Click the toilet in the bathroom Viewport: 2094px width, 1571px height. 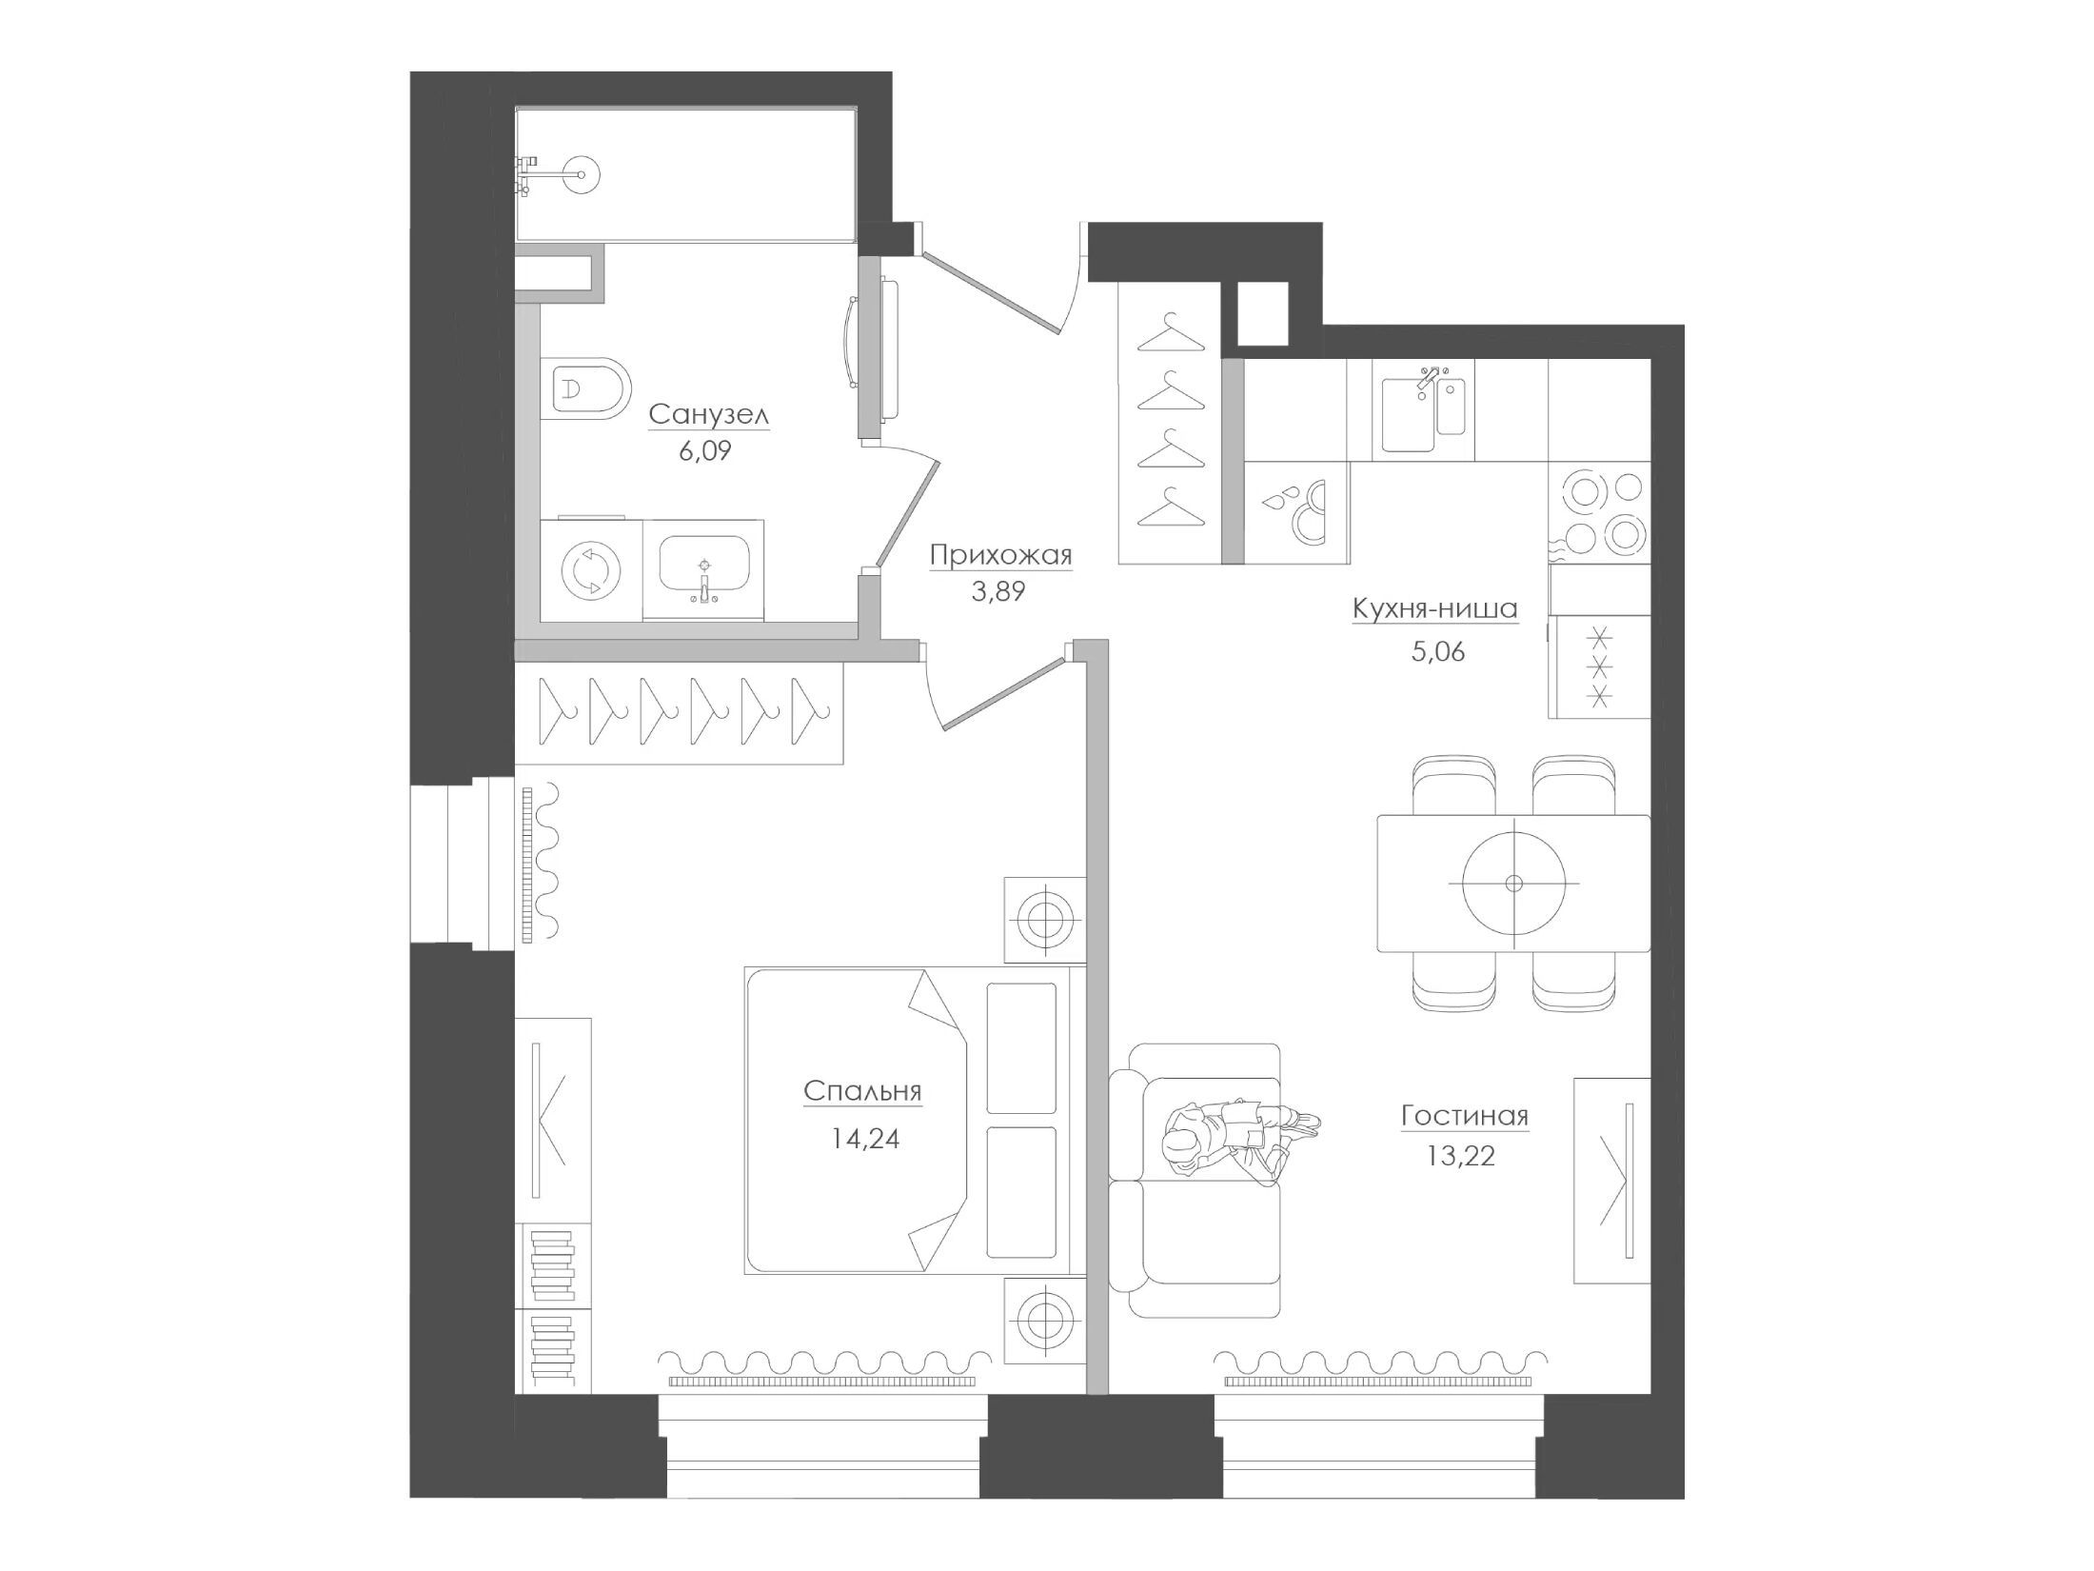pyautogui.click(x=585, y=388)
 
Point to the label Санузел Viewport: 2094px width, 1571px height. pyautogui.click(x=708, y=415)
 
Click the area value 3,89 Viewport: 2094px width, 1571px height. pyautogui.click(x=998, y=591)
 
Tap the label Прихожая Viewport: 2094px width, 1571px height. pyautogui.click(x=1000, y=554)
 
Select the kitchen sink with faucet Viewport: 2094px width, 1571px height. pyautogui.click(x=1423, y=412)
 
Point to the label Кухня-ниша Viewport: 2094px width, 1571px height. pyautogui.click(x=1434, y=608)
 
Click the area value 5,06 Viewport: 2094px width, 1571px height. pyautogui.click(x=1437, y=652)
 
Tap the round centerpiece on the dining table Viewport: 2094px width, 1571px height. pyautogui.click(x=1513, y=883)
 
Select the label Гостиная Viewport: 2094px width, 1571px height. pyautogui.click(x=1464, y=1115)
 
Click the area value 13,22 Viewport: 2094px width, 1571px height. pyautogui.click(x=1461, y=1156)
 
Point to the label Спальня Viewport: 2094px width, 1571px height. pyautogui.click(x=862, y=1091)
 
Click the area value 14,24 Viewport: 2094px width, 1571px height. pyautogui.click(x=865, y=1138)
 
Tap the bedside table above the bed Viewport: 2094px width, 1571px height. pyautogui.click(x=1045, y=920)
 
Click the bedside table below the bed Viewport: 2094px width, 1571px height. pyautogui.click(x=1045, y=1319)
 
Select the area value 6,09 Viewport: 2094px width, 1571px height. pyautogui.click(x=705, y=451)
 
